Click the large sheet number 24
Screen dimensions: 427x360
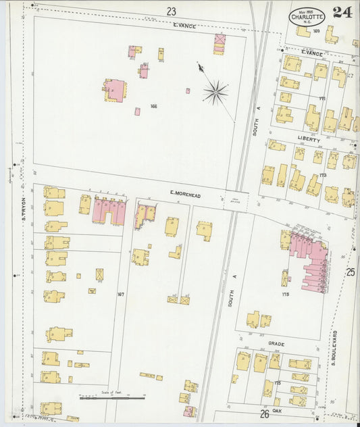coord(341,11)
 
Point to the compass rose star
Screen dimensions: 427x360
coord(215,91)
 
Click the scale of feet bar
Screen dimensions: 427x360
coord(111,398)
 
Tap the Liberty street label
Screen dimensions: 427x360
coord(307,137)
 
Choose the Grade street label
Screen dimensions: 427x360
coord(276,343)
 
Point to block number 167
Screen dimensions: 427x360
coord(121,294)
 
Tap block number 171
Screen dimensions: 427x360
coord(322,99)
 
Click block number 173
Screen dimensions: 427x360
coord(323,175)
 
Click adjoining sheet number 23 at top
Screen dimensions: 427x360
coord(171,11)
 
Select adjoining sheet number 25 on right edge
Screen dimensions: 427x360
coord(350,272)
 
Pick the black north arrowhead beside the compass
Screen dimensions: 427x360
coord(200,66)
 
